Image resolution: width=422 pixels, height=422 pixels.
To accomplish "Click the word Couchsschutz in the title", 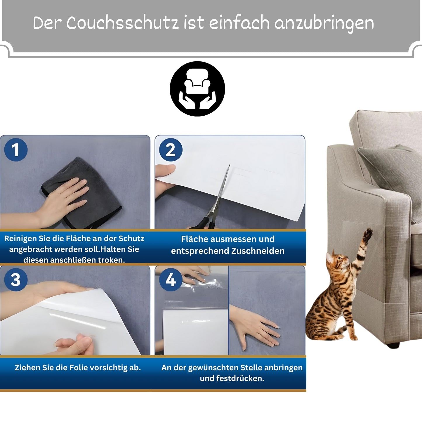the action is [122, 22].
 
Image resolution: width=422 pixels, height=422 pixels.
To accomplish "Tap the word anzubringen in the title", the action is [324, 24].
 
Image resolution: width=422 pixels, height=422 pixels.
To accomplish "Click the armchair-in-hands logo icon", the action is [197, 89].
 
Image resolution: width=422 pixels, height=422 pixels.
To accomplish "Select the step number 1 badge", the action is [16, 150].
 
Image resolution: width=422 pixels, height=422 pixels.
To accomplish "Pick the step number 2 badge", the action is [171, 150].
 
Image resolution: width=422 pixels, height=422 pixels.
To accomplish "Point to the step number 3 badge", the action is [16, 280].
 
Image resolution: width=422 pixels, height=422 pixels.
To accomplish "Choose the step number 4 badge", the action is [171, 280].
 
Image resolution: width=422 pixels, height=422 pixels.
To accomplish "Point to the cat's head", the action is [336, 260].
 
